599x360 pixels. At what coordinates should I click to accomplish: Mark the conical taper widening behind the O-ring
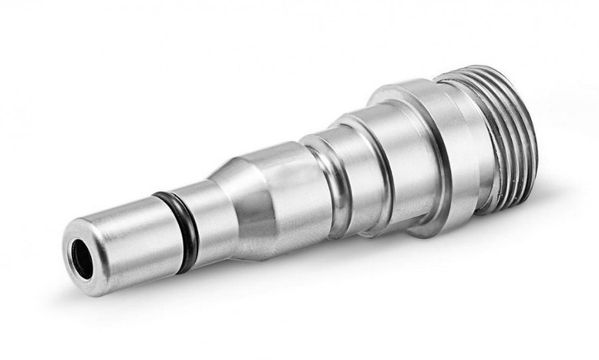(x=230, y=186)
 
